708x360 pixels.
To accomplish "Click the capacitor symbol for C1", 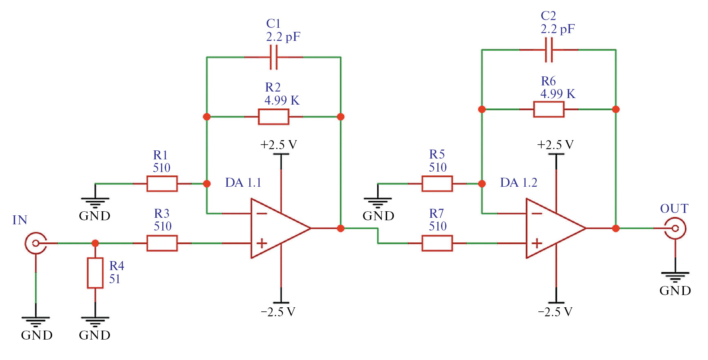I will (x=273, y=57).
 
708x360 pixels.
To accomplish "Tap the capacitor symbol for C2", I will (x=549, y=50).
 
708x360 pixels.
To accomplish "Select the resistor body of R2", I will (x=273, y=117).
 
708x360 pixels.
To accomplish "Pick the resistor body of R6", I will (x=549, y=110).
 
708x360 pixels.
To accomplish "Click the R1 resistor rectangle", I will (x=162, y=184).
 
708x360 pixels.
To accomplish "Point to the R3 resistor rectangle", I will (x=162, y=243).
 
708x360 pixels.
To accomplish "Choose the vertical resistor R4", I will (x=95, y=273).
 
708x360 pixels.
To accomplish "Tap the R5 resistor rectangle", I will (x=437, y=184).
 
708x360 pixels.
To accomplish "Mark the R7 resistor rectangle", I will (x=437, y=243).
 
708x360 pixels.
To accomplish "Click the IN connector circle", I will (x=36, y=243).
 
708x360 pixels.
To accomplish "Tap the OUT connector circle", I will (x=675, y=228).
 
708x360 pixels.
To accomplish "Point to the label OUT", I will (x=674, y=209).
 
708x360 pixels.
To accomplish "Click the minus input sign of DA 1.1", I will (x=262, y=213).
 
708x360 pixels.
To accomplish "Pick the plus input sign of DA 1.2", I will (x=537, y=243).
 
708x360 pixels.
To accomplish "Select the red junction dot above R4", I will (x=95, y=243).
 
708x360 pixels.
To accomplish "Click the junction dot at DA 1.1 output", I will (x=341, y=228).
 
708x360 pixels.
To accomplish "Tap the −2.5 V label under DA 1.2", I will (x=555, y=312).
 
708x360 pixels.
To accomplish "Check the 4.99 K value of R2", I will (x=282, y=101).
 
